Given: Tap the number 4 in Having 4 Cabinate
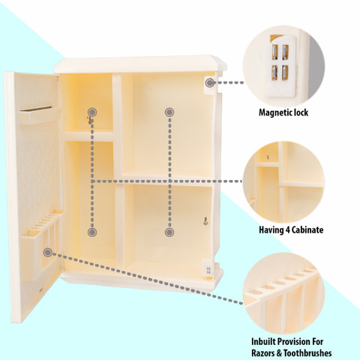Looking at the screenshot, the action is (x=287, y=230).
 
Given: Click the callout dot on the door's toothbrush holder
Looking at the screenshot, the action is (x=47, y=253).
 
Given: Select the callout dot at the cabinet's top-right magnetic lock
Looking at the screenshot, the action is (x=209, y=82).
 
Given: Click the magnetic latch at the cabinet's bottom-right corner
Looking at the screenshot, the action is (x=208, y=268).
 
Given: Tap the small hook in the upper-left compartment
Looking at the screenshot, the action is (x=89, y=120).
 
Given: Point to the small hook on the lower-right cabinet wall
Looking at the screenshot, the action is (x=205, y=221).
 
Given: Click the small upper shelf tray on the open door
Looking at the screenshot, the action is (x=40, y=115).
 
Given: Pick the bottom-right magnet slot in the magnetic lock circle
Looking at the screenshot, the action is (x=285, y=73).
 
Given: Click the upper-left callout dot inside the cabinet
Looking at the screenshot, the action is (x=92, y=112).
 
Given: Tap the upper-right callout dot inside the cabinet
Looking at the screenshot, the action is (x=169, y=112).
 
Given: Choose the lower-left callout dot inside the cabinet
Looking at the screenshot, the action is (x=92, y=232).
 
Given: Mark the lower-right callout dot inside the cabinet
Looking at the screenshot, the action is (x=169, y=232).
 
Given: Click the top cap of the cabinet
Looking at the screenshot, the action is (x=140, y=64).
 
